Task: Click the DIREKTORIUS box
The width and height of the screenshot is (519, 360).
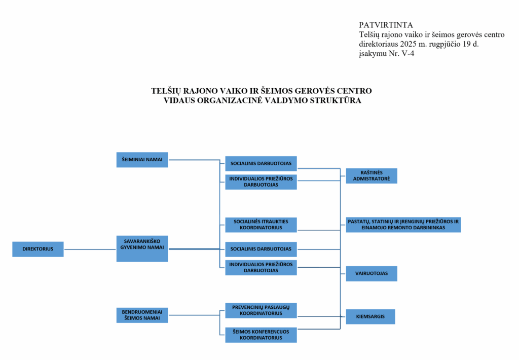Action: (38, 249)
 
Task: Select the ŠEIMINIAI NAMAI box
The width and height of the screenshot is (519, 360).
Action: (142, 160)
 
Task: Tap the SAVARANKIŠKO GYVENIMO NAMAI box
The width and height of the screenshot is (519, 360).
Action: (142, 248)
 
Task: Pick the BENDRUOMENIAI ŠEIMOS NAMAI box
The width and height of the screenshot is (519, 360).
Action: (142, 315)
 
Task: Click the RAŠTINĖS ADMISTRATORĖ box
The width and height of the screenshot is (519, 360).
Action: (372, 175)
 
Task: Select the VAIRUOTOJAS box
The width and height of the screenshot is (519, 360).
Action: (372, 273)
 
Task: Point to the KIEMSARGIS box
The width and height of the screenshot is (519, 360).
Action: (370, 316)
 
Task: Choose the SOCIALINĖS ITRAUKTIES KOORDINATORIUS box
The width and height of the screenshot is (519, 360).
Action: (261, 225)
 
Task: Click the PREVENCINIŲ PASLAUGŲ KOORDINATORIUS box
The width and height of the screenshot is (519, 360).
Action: (261, 310)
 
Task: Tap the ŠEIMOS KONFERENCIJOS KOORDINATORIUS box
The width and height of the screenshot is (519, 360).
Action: (261, 335)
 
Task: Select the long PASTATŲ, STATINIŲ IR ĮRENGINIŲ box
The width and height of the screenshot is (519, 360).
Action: (403, 225)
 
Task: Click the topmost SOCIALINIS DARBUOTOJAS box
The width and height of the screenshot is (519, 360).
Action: (261, 163)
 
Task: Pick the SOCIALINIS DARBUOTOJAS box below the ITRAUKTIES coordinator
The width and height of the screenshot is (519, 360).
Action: (261, 249)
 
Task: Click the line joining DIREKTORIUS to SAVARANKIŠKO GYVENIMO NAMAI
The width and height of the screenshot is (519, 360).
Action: (90, 249)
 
